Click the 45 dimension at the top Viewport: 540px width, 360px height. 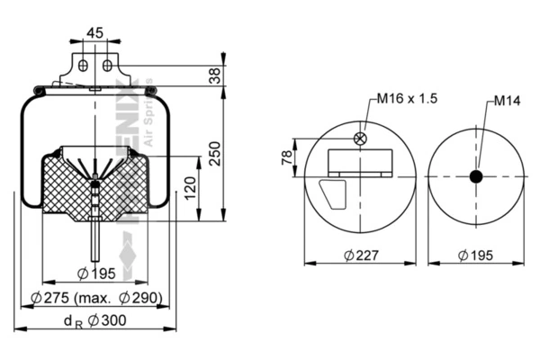tap(94, 32)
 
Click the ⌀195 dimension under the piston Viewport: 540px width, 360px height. tap(94, 274)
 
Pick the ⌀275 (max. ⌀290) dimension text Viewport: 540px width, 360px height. tap(94, 297)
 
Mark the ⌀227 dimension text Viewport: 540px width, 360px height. tap(360, 255)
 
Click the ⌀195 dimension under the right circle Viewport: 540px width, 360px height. tap(476, 255)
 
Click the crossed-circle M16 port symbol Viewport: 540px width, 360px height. tap(361, 139)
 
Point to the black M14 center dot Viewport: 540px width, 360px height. tap(476, 176)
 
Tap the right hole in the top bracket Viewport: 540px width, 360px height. tap(106, 66)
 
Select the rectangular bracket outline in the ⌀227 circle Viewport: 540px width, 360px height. tap(361, 162)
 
